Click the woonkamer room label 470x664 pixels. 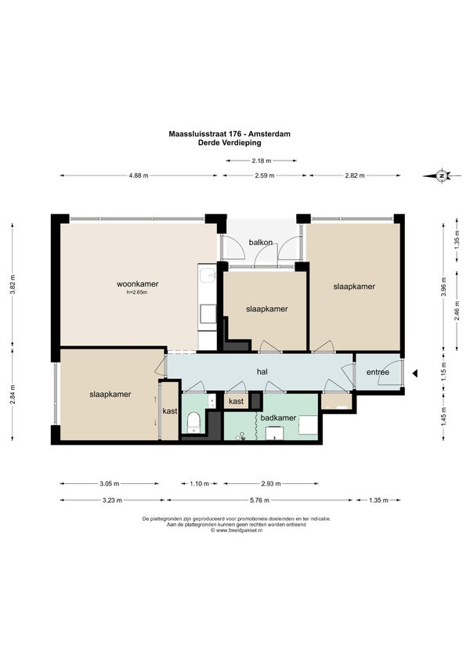tap(137, 283)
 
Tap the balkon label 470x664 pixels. tap(261, 242)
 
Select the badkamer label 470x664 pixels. tap(278, 417)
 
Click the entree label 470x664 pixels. tap(378, 372)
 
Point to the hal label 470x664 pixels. tap(262, 372)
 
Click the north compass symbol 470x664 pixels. tap(442, 175)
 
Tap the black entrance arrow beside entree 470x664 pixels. tap(415, 373)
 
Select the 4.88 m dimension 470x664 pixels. tap(139, 175)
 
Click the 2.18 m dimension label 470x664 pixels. tap(262, 161)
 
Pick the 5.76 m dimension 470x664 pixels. tap(259, 500)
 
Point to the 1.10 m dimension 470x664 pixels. tap(199, 484)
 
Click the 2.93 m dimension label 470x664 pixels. tap(271, 484)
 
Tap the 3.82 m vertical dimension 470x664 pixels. tap(13, 283)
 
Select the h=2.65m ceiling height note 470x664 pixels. tap(137, 292)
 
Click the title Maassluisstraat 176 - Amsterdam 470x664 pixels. tap(230, 134)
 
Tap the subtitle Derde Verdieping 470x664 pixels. tap(230, 143)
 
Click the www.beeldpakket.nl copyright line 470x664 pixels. tap(237, 530)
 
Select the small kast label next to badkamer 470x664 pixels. tap(236, 401)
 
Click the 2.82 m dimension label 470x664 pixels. tap(355, 175)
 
